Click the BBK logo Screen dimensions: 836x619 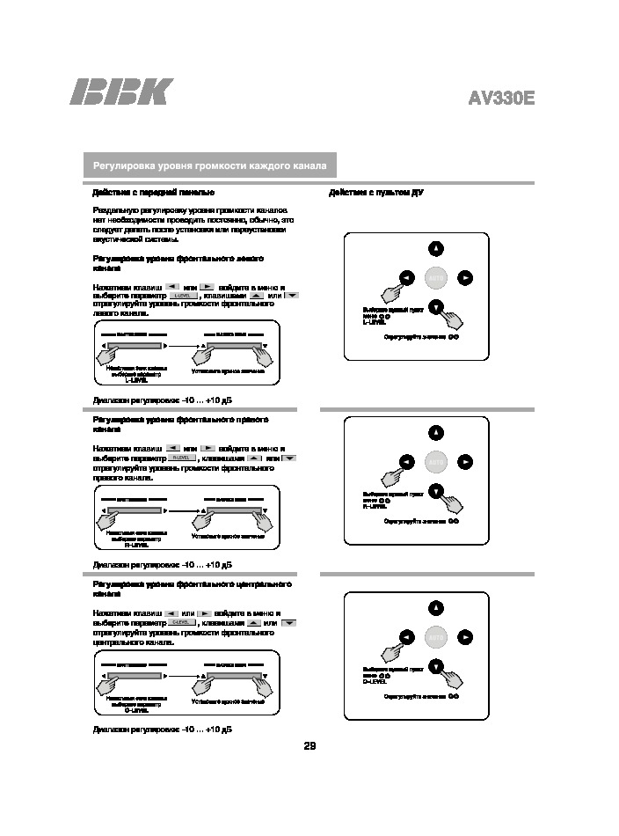point(121,92)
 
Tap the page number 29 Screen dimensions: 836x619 point(309,746)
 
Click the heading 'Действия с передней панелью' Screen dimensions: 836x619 point(154,192)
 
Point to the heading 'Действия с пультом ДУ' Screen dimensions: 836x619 point(376,192)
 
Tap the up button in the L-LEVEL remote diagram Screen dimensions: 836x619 point(436,248)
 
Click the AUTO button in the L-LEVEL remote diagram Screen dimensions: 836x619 point(436,278)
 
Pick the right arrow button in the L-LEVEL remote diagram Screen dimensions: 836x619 point(466,278)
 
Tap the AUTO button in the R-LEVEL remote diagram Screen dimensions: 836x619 point(436,461)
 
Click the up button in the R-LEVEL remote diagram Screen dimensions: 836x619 point(436,432)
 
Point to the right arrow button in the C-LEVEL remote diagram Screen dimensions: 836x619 point(466,636)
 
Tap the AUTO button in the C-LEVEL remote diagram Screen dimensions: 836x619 point(436,636)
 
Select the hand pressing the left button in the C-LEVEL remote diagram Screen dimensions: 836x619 point(389,652)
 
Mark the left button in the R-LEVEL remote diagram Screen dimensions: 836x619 point(406,461)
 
